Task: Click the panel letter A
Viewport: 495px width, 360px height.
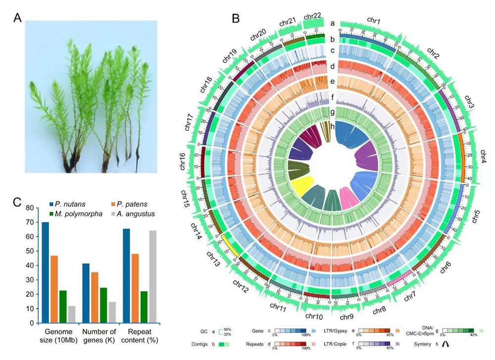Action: coord(18,18)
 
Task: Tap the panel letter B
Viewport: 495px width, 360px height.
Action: coord(236,18)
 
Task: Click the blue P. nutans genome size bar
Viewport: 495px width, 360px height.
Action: coord(45,272)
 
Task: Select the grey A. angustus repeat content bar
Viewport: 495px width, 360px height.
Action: coord(152,277)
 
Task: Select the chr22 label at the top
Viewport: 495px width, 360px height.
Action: coord(313,17)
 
